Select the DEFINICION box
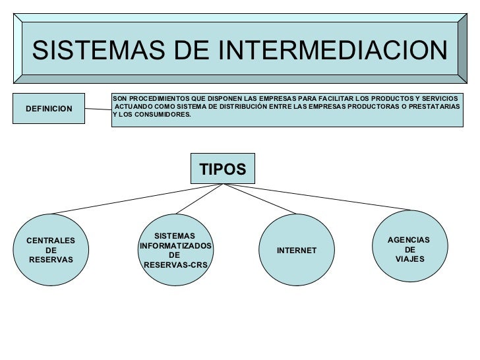49,107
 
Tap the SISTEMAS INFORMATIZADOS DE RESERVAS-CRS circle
175,251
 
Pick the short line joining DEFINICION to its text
99,109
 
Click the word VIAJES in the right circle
409,259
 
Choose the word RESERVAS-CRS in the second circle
175,265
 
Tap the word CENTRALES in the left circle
51,241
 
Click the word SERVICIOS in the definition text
442,98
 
